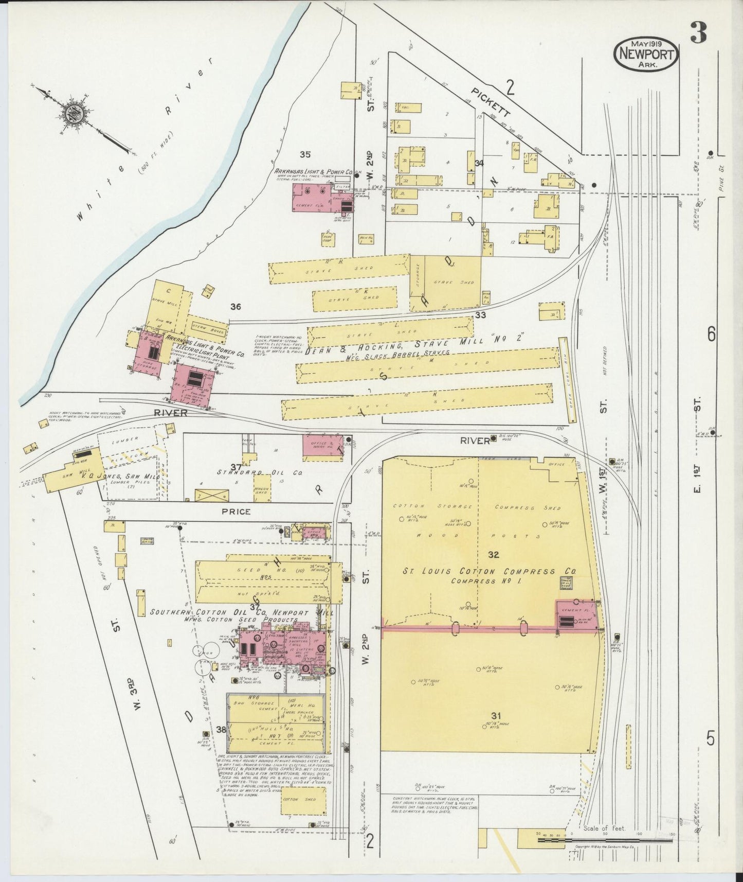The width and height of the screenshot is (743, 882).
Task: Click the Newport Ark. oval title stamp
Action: coord(646,54)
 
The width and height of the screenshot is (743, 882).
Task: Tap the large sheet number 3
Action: coord(698,34)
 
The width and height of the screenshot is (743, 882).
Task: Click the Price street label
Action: coord(237,511)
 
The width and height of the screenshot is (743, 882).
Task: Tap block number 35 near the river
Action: coord(305,153)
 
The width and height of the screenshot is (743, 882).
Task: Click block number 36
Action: coord(235,307)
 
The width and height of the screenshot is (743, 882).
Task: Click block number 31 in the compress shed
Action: coord(496,716)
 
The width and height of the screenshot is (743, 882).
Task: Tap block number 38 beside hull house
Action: coord(221,729)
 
